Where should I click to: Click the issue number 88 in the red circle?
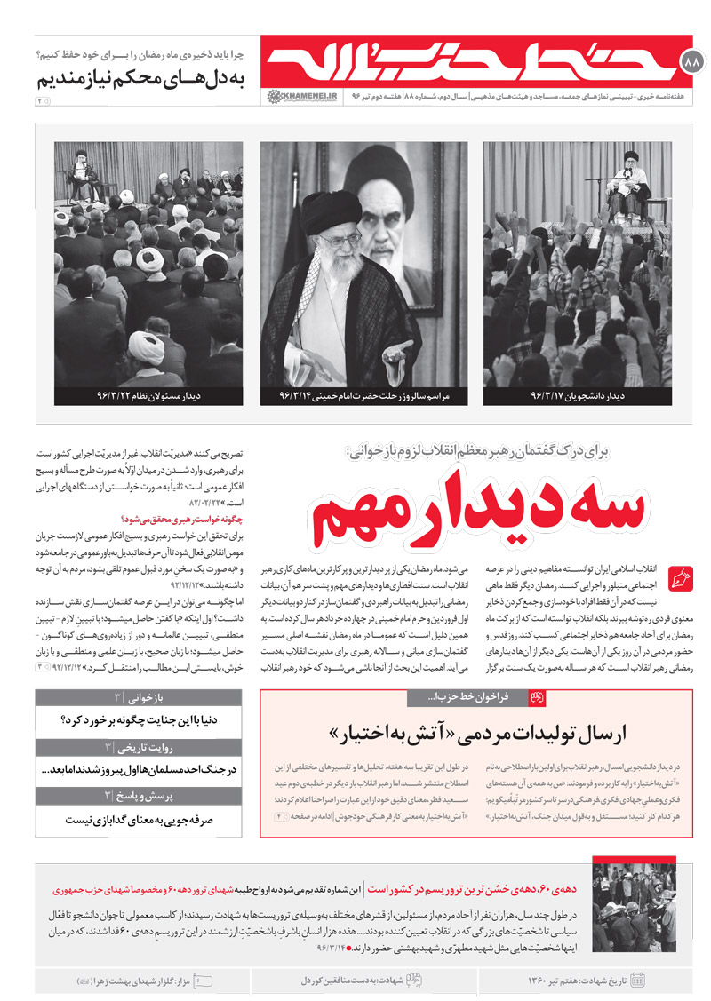point(691,62)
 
